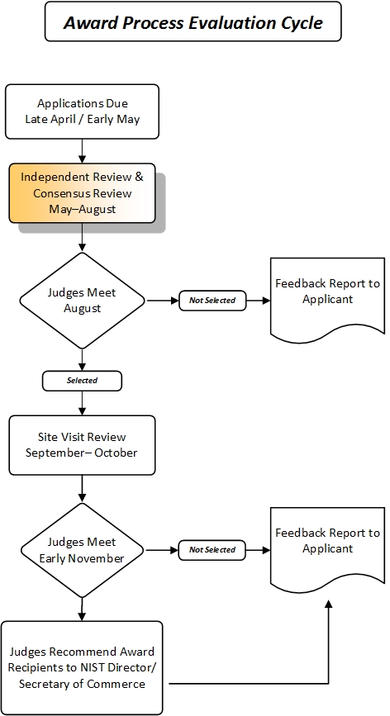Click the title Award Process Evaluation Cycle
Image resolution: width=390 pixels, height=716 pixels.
[x=193, y=23]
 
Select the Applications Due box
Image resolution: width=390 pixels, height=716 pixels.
[x=82, y=111]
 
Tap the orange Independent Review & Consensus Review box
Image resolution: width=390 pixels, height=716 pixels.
[x=82, y=192]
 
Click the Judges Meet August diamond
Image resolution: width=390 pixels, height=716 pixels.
[x=82, y=300]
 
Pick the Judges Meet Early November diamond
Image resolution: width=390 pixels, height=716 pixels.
[x=82, y=549]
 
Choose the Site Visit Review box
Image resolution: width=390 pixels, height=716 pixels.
[x=82, y=444]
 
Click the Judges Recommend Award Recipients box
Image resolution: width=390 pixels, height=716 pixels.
[x=82, y=667]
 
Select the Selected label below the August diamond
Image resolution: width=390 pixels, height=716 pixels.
[x=82, y=381]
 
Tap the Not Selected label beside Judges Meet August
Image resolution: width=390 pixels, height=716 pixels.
[x=212, y=301]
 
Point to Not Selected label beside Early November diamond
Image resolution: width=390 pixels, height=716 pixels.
[x=212, y=549]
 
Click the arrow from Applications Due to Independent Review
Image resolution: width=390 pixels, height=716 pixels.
[x=82, y=150]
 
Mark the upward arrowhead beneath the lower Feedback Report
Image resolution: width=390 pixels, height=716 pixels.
[x=328, y=606]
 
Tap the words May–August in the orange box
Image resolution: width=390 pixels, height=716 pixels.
[x=82, y=209]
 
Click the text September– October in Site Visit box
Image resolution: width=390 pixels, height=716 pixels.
[x=82, y=453]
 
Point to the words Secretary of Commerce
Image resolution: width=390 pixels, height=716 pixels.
[x=82, y=683]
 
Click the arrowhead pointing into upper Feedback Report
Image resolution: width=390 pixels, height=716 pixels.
[x=265, y=301]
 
